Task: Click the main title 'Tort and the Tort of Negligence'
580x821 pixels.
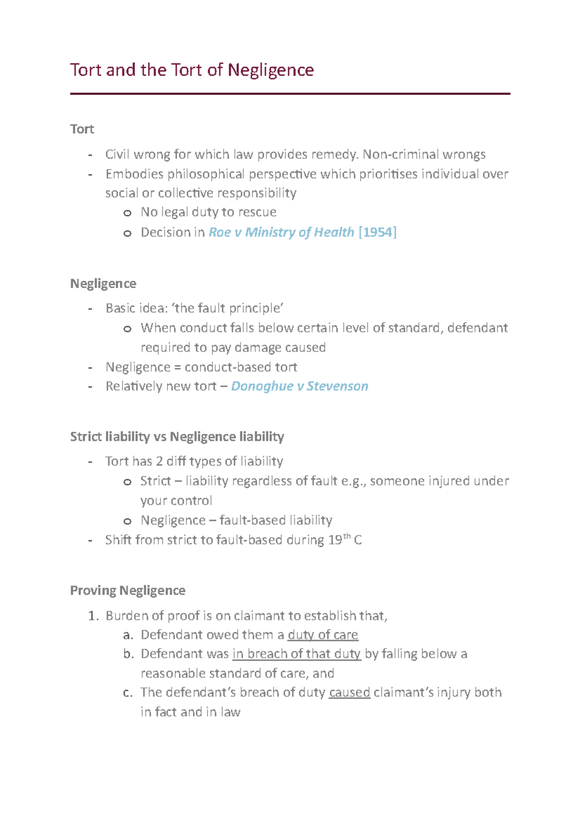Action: (192, 70)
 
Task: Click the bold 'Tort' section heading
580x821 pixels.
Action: (82, 129)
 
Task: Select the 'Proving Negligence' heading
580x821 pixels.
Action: (128, 590)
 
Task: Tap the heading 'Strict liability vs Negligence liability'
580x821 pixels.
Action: (177, 437)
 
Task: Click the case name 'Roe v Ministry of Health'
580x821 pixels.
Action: (281, 233)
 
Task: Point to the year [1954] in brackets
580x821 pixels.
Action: (377, 233)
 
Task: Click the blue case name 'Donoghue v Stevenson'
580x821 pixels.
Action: (300, 386)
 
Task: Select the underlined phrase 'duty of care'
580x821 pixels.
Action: (322, 635)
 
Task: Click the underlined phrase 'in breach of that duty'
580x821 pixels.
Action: (296, 654)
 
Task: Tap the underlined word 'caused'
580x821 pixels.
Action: (349, 693)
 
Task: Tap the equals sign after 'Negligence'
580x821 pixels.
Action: (177, 367)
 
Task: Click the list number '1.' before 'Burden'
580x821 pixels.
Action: (94, 616)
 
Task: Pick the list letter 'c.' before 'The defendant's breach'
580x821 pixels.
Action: (128, 693)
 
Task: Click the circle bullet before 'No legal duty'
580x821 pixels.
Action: (127, 213)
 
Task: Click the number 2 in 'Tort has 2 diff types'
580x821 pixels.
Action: (159, 461)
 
